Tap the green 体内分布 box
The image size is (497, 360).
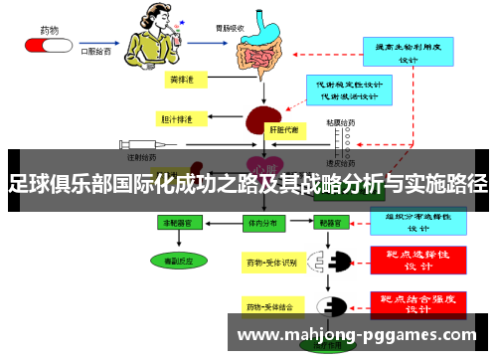click(261, 225)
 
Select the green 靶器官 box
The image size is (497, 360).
click(334, 225)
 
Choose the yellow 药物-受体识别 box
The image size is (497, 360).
click(271, 263)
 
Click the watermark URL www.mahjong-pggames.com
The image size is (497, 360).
click(359, 334)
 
